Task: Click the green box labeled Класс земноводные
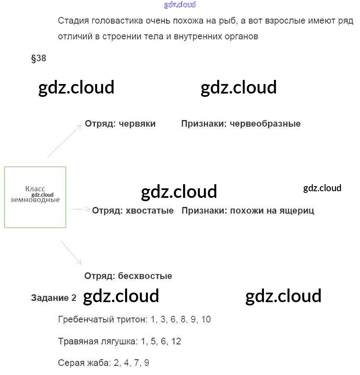click(x=35, y=197)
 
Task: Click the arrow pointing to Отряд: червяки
click(x=64, y=141)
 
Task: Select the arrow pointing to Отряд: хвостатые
click(x=79, y=210)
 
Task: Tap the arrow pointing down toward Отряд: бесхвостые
click(x=71, y=252)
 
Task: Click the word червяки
click(x=137, y=124)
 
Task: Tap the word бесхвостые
click(x=145, y=276)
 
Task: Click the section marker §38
click(x=39, y=58)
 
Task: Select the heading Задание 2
click(x=54, y=298)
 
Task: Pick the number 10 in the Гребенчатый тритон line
click(x=206, y=320)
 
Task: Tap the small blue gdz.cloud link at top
click(x=180, y=5)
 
